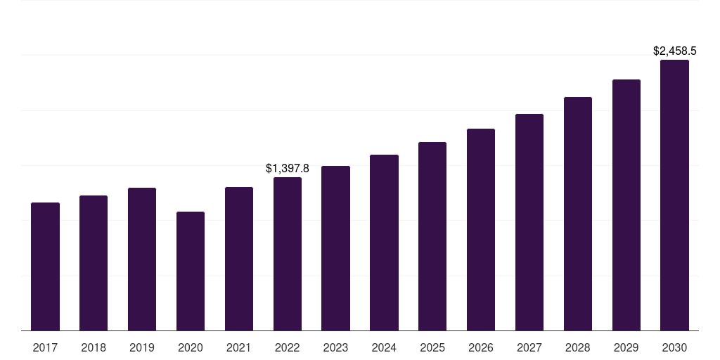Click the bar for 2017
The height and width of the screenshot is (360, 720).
[x=45, y=266]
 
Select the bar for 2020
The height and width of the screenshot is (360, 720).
[x=191, y=271]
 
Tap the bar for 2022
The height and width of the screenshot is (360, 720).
[x=288, y=254]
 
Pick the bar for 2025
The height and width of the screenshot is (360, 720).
[x=432, y=236]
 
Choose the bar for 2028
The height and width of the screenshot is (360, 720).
[x=578, y=214]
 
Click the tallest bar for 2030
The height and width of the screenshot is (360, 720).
[x=674, y=195]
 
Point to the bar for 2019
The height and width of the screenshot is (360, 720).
[x=142, y=259]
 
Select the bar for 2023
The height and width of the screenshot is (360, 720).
[x=335, y=248]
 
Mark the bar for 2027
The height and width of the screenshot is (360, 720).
[x=529, y=222]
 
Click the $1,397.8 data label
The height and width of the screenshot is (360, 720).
[x=288, y=168]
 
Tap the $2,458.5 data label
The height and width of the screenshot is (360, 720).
[x=674, y=51]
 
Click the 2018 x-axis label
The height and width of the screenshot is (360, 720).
[x=94, y=347]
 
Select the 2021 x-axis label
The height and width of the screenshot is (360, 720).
[x=239, y=347]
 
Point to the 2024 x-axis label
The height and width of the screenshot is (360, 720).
[x=384, y=347]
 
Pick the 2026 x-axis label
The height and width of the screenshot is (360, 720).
[x=481, y=347]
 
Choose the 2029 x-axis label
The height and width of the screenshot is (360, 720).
[x=626, y=347]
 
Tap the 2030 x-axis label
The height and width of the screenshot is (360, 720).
[x=674, y=347]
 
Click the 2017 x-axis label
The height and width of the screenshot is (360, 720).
[x=45, y=347]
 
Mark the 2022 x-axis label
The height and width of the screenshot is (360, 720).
[x=288, y=347]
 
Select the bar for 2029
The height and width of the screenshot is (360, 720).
[x=626, y=205]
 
